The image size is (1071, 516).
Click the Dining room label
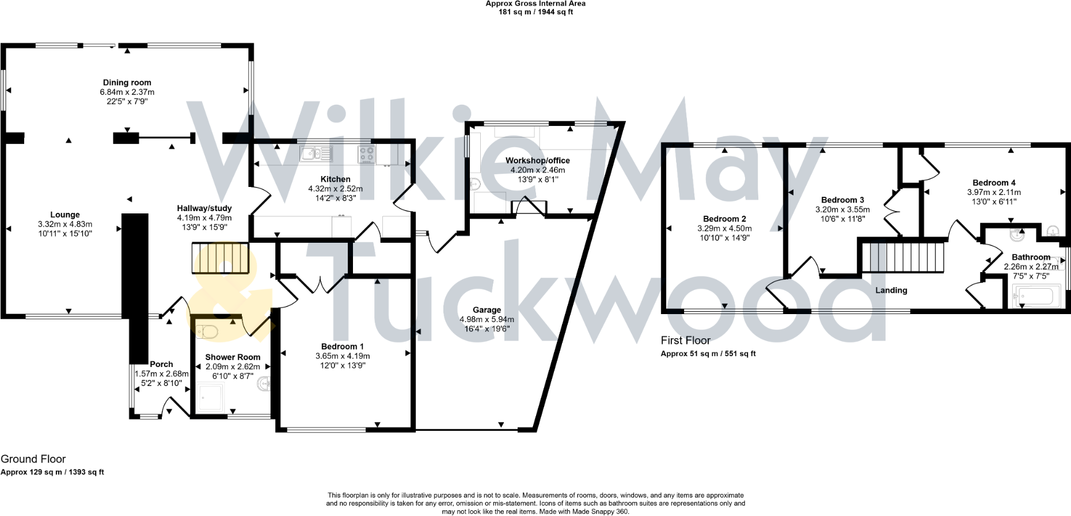127,82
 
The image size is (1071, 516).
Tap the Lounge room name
65,215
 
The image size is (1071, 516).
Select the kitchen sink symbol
316,154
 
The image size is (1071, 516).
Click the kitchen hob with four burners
367,154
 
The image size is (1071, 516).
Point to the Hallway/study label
204,208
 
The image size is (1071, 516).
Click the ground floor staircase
221,258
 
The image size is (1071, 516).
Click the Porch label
161,364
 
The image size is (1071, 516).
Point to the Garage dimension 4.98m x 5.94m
487,319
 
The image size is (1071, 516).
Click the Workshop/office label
538,160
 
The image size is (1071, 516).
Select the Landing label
891,290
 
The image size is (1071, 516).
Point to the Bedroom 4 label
994,182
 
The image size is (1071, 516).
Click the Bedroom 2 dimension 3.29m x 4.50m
724,228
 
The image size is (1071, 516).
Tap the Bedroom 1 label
343,346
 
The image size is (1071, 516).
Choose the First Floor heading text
685,340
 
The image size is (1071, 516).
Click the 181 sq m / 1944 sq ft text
535,12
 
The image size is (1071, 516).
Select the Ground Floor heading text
33,459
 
